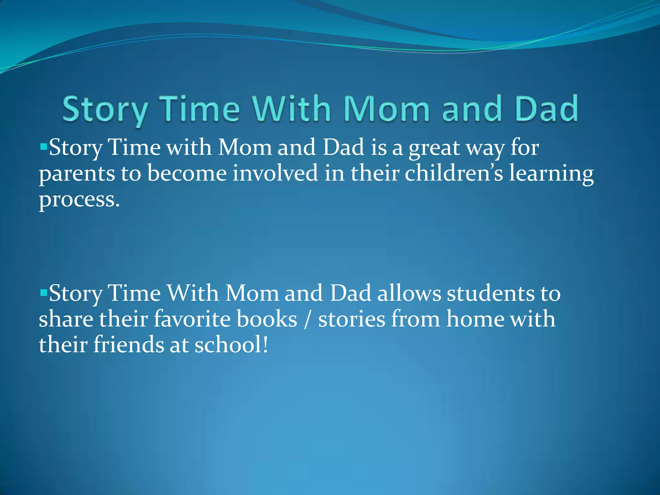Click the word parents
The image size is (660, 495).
point(77,174)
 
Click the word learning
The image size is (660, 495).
point(551,174)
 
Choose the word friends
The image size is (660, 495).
point(129,345)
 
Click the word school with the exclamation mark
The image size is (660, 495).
point(231,345)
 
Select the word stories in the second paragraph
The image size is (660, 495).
point(352,319)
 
